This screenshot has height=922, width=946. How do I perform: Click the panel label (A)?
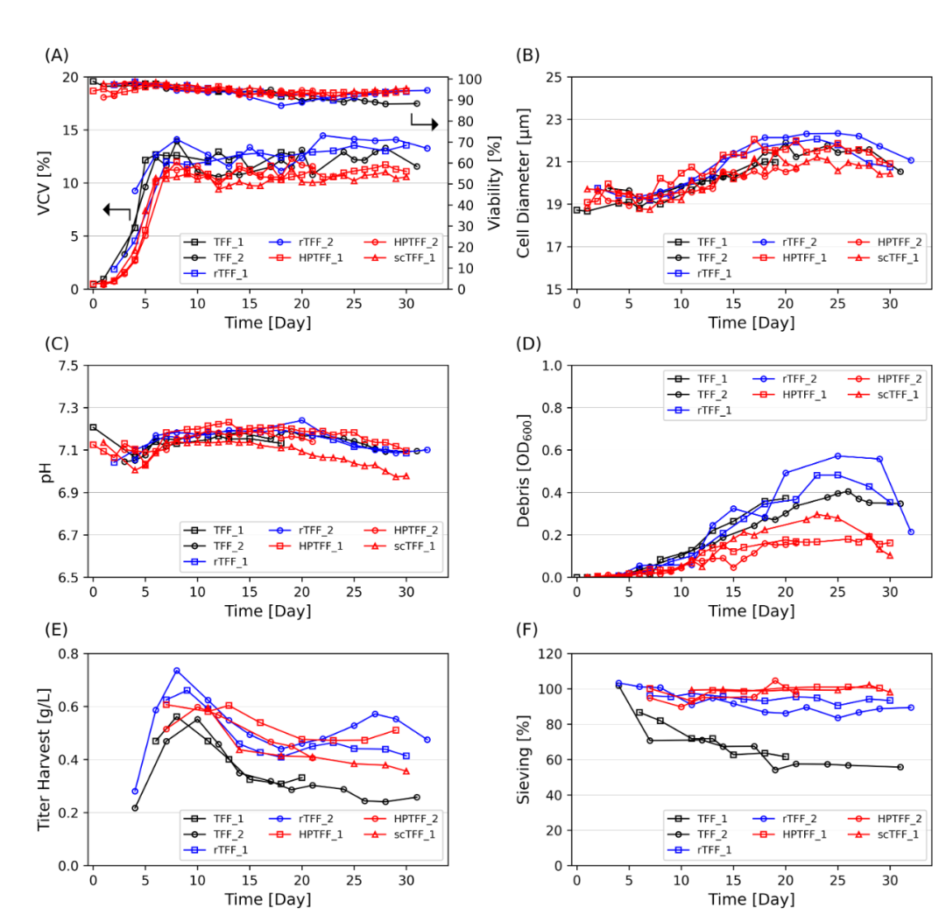point(56,55)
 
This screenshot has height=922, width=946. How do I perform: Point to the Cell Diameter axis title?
point(523,183)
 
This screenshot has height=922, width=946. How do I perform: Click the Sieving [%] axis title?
point(523,759)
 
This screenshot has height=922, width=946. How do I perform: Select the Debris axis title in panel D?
point(523,471)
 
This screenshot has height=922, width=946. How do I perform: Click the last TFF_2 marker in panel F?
point(900,766)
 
